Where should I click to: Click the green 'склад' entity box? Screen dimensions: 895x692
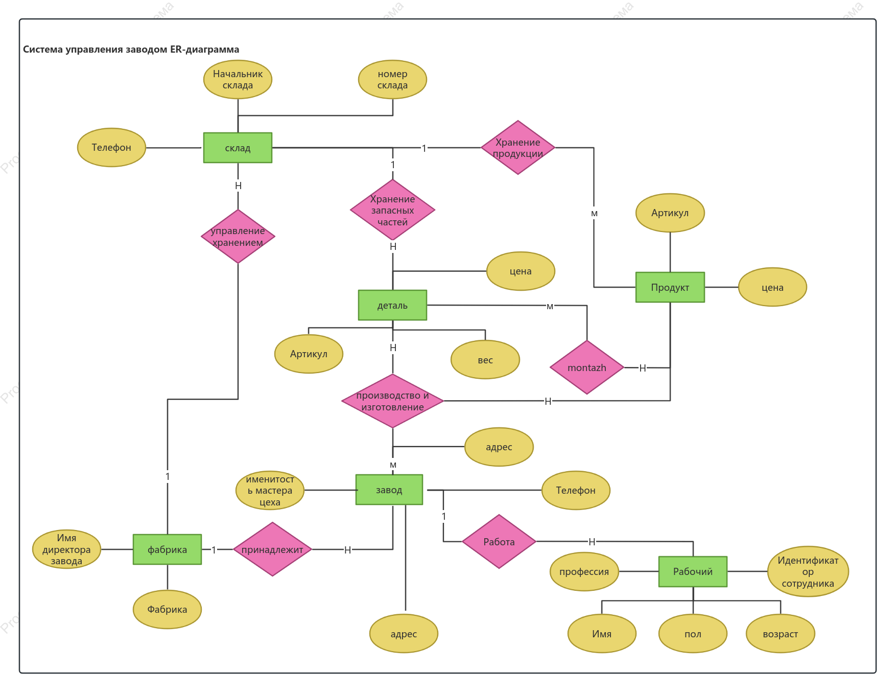pyautogui.click(x=238, y=148)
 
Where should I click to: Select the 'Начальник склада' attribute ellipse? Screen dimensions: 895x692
pyautogui.click(x=238, y=80)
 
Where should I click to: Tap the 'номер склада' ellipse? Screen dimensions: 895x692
pyautogui.click(x=392, y=80)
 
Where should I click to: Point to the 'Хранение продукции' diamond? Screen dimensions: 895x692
pyautogui.click(x=518, y=148)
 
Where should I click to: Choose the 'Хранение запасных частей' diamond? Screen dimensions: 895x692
pyautogui.click(x=392, y=210)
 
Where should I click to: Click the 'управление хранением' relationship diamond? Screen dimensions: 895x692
pyautogui.click(x=238, y=236)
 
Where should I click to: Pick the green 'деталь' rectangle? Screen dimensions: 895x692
pyautogui.click(x=392, y=305)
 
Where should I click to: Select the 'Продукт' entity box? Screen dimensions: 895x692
pyautogui.click(x=670, y=287)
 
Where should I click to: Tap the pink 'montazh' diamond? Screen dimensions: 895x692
pyautogui.click(x=587, y=367)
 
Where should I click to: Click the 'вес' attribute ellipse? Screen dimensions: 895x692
pyautogui.click(x=485, y=360)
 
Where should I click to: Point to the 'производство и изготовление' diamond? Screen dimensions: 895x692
pyautogui.click(x=392, y=401)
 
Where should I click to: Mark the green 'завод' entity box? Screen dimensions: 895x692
pyautogui.click(x=389, y=490)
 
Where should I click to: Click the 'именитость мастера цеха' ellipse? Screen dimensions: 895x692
pyautogui.click(x=270, y=491)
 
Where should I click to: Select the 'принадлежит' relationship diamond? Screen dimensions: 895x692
pyautogui.click(x=273, y=549)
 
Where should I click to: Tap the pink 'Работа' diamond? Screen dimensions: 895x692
pyautogui.click(x=499, y=542)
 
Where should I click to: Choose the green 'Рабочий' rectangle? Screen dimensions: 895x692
pyautogui.click(x=693, y=571)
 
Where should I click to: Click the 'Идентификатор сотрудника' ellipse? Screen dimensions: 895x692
pyautogui.click(x=808, y=571)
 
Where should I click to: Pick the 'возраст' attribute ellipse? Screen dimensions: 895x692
pyautogui.click(x=781, y=634)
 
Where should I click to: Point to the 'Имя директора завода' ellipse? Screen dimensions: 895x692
pyautogui.click(x=66, y=549)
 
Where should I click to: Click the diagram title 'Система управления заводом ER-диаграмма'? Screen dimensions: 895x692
pyautogui.click(x=131, y=50)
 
